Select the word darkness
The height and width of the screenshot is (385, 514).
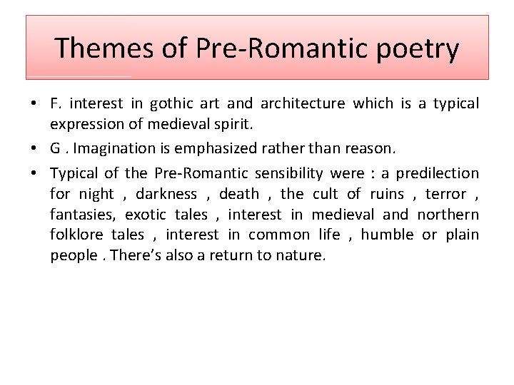[x=166, y=194]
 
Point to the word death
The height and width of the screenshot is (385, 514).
[x=239, y=194]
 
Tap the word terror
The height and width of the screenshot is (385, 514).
[x=445, y=194]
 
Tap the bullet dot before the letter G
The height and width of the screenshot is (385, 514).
[x=34, y=149]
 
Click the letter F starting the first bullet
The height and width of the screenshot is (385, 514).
[x=54, y=104]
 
